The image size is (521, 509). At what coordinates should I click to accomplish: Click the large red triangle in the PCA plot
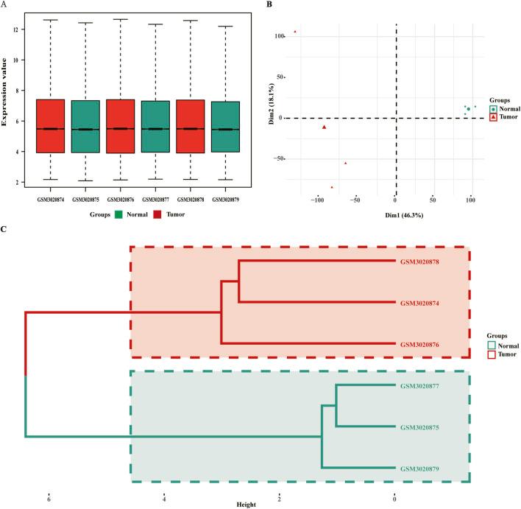click(324, 127)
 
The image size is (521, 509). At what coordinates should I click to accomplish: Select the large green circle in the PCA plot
click(468, 109)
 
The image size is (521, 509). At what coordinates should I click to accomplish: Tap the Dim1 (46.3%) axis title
click(396, 214)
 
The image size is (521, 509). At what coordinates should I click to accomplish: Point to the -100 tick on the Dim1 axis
click(317, 200)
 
